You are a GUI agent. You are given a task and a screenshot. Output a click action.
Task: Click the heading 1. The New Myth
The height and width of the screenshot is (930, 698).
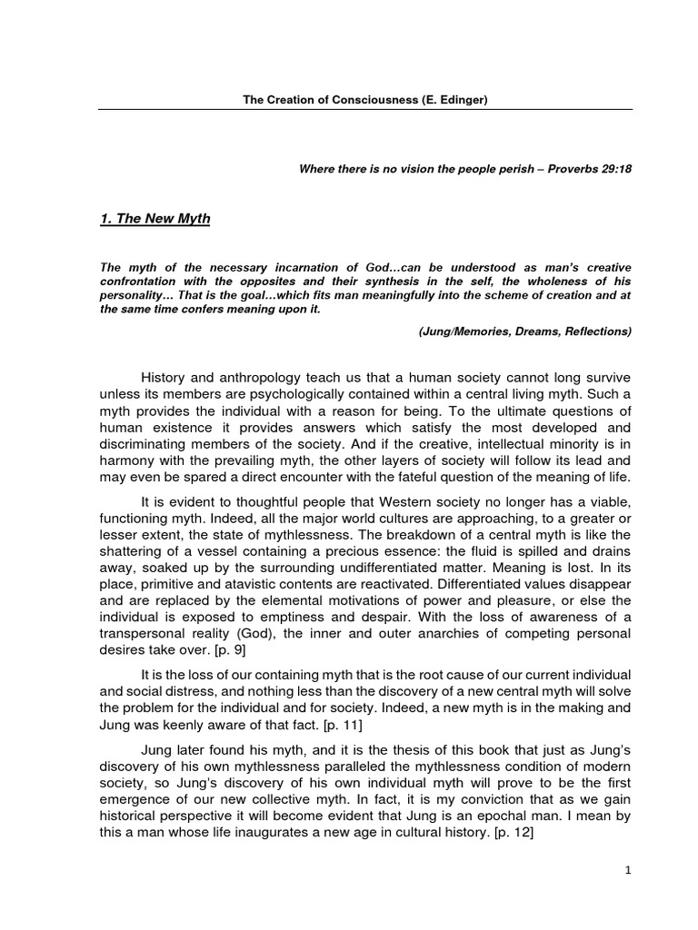155,219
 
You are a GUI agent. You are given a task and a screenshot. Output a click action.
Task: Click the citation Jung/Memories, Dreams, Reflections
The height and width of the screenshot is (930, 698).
524,331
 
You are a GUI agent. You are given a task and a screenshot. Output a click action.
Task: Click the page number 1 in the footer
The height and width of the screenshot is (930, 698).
627,870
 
